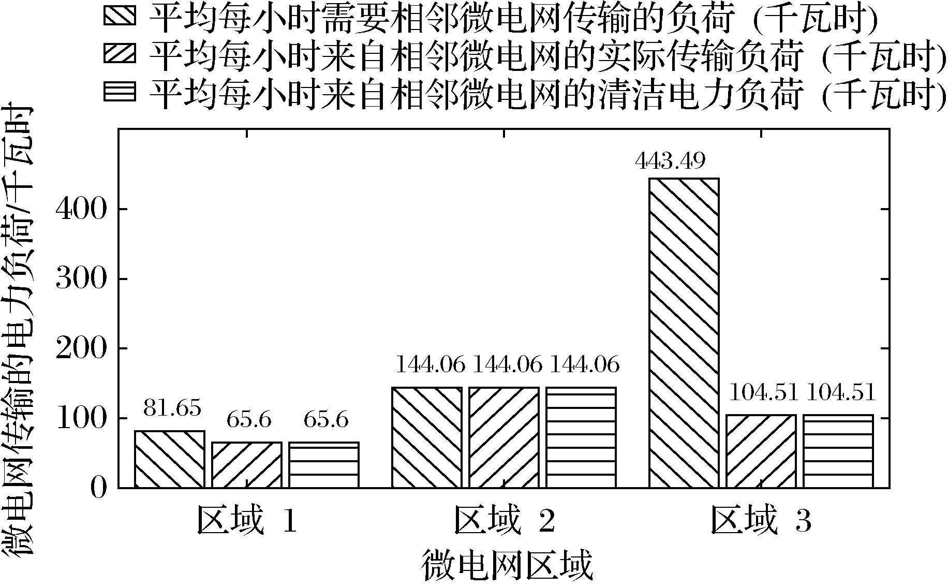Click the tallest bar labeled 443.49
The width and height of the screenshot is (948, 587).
(x=684, y=332)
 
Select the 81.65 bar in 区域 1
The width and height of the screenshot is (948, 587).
(x=169, y=459)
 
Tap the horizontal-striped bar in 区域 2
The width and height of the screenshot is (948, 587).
(x=581, y=437)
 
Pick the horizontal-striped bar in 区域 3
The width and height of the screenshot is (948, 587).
(x=838, y=451)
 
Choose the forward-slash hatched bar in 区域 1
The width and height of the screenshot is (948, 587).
(x=247, y=464)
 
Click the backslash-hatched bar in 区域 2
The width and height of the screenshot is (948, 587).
(x=427, y=437)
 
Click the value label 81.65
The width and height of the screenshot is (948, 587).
(x=172, y=408)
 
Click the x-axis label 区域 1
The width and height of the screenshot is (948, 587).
(x=247, y=521)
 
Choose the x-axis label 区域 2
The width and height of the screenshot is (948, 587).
(x=505, y=521)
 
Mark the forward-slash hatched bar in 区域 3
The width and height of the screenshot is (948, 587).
(x=761, y=451)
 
